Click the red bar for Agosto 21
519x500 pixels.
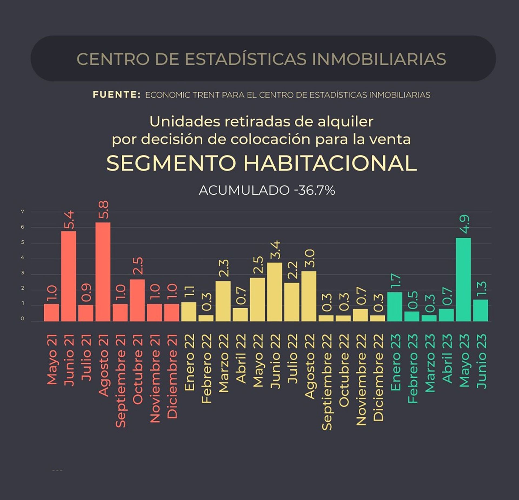[x=103, y=272]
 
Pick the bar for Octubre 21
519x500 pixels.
[x=137, y=300]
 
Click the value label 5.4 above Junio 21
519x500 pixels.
[x=68, y=221]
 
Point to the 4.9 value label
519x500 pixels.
[x=463, y=225]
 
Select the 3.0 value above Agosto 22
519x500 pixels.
[x=309, y=258]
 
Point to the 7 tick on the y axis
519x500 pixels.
[x=23, y=212]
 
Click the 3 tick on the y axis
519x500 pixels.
[x=23, y=273]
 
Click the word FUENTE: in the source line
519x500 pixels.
[x=117, y=95]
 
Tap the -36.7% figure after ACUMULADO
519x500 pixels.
[x=315, y=191]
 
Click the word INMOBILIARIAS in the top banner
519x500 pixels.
[x=379, y=59]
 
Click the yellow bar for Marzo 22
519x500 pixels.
[x=223, y=301]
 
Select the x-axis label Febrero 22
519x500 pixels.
[x=206, y=368]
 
